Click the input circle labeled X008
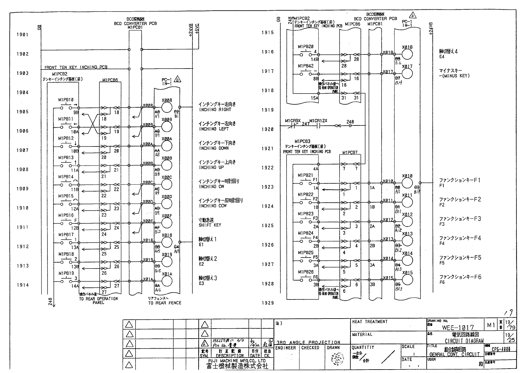click(167, 108)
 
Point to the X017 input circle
click(407, 74)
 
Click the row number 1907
click(22, 151)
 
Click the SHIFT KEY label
click(210, 225)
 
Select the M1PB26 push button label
click(305, 272)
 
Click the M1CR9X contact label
click(292, 121)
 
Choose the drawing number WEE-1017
click(458, 328)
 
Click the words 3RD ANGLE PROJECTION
click(308, 342)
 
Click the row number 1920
click(267, 129)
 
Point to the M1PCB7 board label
click(350, 153)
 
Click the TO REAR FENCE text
click(164, 303)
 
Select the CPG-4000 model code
click(501, 350)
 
